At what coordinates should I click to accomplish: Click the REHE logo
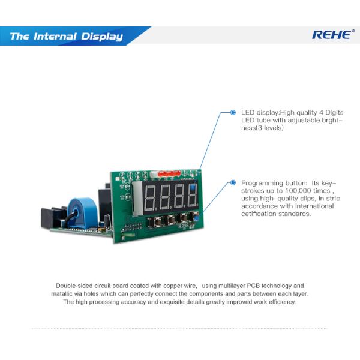tap(332, 35)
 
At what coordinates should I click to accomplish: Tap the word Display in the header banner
tap(103, 37)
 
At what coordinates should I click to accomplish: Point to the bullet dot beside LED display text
tap(233, 112)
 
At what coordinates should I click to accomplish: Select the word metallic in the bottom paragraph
tap(63, 294)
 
